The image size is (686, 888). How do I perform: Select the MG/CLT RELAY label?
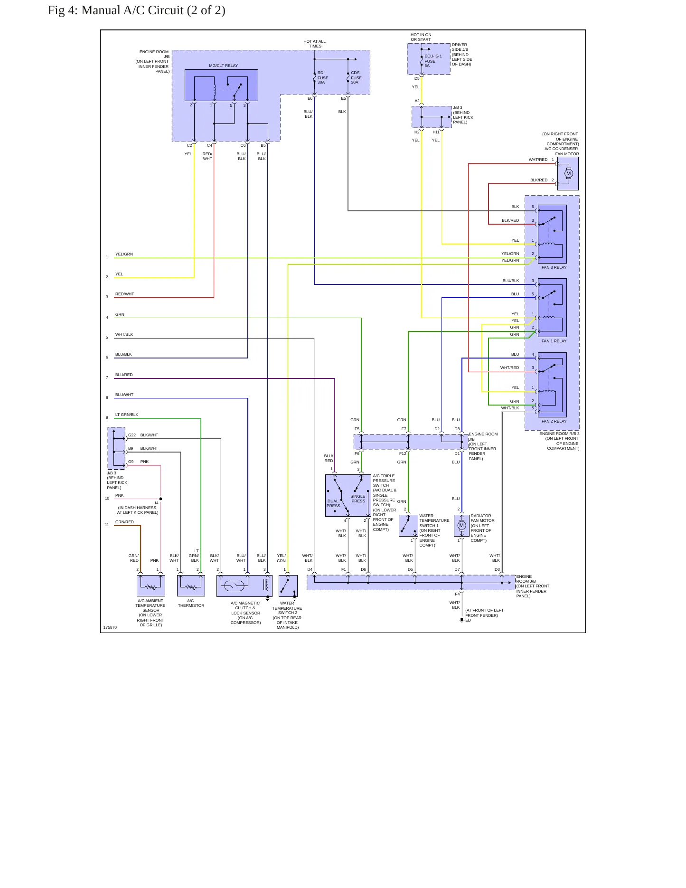click(223, 66)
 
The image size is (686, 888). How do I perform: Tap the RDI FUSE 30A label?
click(323, 77)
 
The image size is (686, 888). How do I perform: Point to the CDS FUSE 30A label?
click(356, 77)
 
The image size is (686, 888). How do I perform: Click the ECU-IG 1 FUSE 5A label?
click(433, 61)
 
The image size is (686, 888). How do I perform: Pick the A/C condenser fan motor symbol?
click(568, 173)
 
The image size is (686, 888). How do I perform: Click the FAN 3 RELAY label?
click(554, 267)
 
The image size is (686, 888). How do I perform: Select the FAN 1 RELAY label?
click(554, 341)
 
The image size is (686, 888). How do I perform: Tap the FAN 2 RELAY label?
click(554, 421)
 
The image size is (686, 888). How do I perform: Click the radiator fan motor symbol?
click(461, 525)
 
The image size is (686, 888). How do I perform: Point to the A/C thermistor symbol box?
click(191, 586)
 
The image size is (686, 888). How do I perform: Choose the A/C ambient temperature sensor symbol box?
click(151, 586)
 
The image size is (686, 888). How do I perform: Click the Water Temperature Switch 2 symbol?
click(288, 586)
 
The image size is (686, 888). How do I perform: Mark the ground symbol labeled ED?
click(461, 621)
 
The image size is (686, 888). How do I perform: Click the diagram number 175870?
click(110, 627)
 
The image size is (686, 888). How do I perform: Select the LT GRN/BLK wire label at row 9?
click(127, 415)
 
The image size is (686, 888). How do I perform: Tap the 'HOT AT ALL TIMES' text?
click(315, 44)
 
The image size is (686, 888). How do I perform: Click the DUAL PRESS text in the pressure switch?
click(333, 503)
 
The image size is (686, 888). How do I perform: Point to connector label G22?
click(132, 435)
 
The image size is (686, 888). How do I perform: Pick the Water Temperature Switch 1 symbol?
click(408, 525)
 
